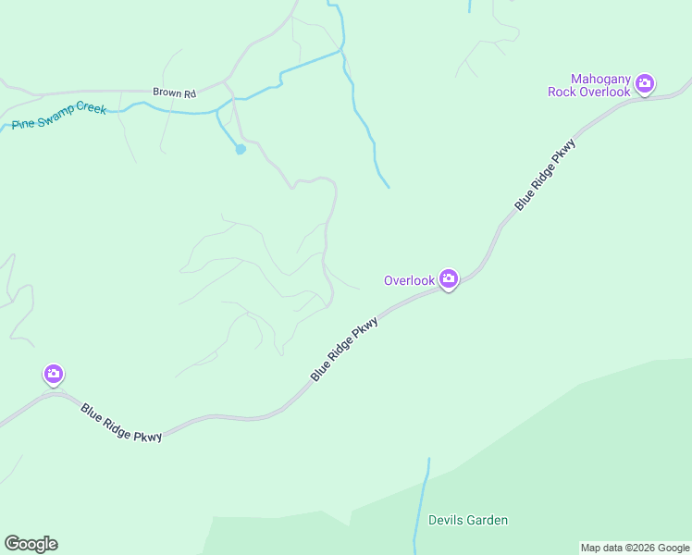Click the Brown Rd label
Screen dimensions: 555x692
click(176, 93)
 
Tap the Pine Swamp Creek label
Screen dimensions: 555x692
click(59, 117)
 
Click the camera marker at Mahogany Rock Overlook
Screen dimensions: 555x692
click(645, 84)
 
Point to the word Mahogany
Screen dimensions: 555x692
click(601, 80)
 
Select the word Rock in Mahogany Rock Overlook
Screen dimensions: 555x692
click(562, 92)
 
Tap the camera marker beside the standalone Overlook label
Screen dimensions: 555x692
click(449, 278)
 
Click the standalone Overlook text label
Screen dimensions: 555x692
click(409, 280)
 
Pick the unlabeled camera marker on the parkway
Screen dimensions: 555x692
click(54, 374)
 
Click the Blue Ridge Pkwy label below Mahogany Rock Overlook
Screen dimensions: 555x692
click(546, 175)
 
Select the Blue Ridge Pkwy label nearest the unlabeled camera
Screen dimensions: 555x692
click(121, 422)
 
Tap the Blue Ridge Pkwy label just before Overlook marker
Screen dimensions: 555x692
click(344, 350)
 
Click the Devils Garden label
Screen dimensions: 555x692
click(468, 520)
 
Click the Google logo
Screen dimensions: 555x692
click(31, 544)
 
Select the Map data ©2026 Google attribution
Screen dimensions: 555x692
click(636, 548)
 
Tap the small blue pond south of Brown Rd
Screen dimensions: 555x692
click(241, 148)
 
